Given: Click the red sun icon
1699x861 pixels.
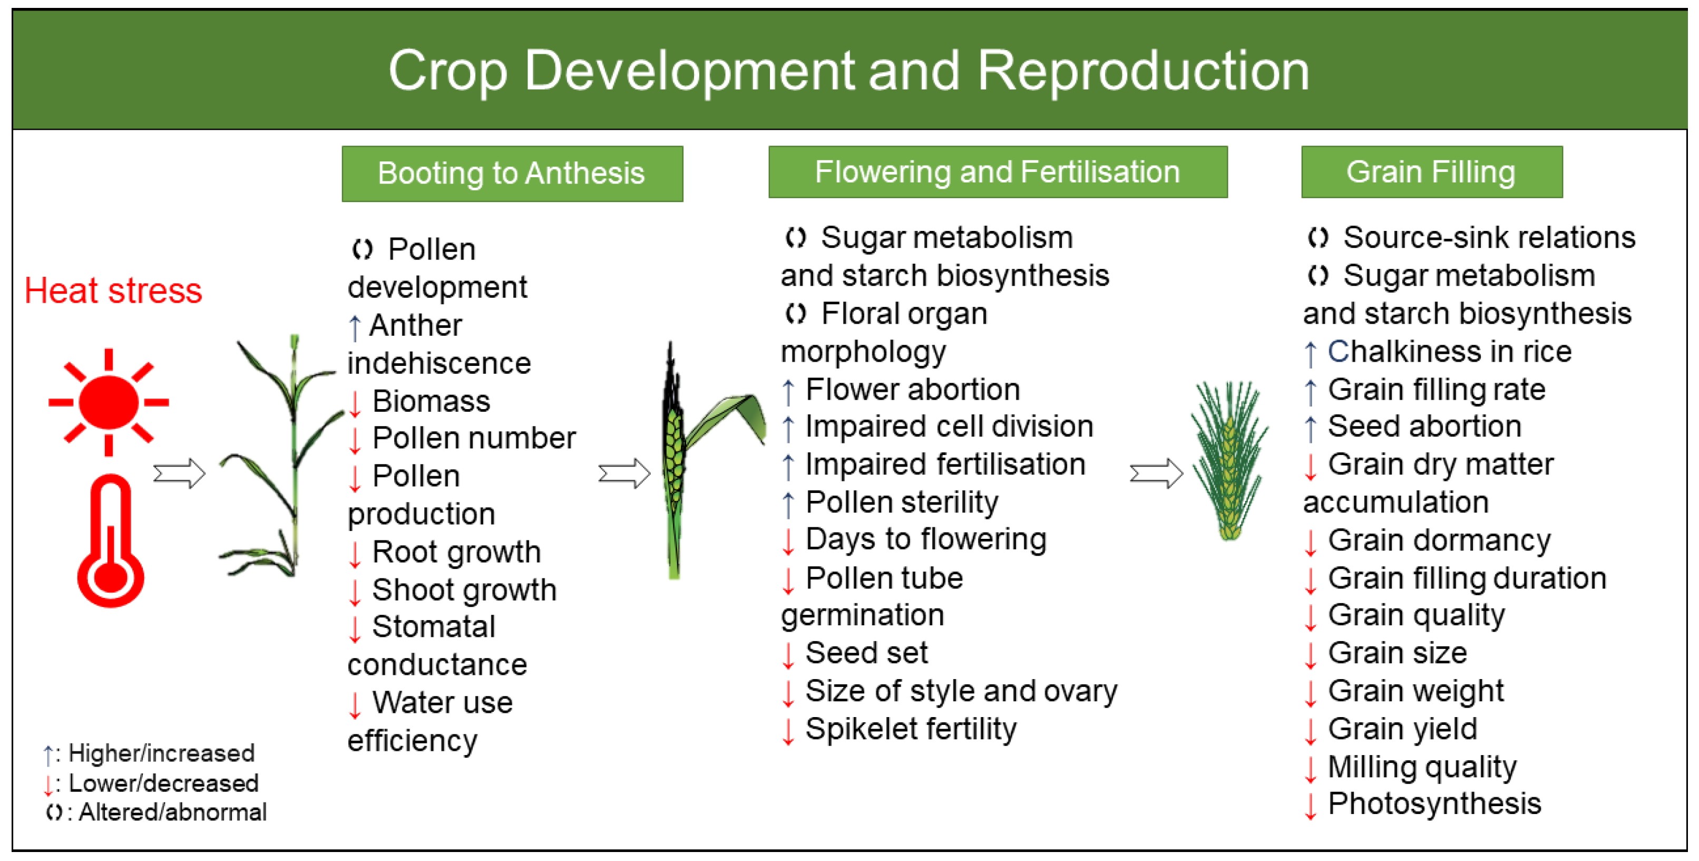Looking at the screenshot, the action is tap(109, 402).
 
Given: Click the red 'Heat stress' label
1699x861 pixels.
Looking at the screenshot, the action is tap(113, 291).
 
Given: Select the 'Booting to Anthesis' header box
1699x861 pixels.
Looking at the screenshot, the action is tap(512, 173).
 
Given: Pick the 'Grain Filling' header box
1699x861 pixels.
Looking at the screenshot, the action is tap(1431, 171).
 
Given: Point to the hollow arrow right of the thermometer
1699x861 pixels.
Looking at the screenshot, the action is tap(179, 473).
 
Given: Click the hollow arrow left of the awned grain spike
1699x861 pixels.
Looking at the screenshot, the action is tap(1156, 473).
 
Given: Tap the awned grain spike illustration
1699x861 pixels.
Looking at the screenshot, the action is tap(1229, 460).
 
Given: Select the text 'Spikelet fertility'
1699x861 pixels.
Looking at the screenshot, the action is tap(910, 729).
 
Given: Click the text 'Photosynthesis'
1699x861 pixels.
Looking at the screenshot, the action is tap(1434, 804).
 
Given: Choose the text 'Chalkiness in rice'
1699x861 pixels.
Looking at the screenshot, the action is tap(1449, 352).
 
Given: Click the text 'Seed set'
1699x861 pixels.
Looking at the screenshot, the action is tap(866, 653).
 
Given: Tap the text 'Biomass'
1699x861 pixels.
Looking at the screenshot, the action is tap(432, 401).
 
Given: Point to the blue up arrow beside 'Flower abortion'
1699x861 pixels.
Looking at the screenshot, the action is tap(788, 391).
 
